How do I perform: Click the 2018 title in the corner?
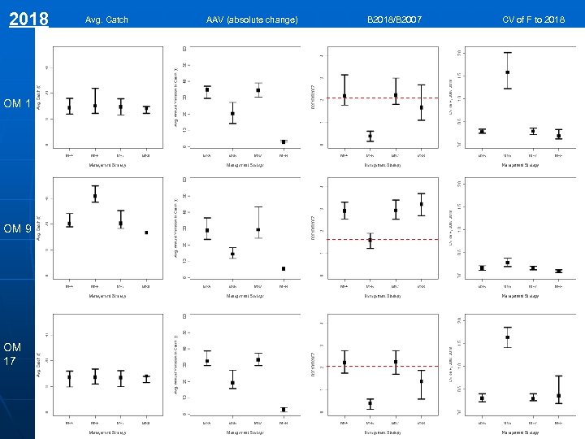(29, 19)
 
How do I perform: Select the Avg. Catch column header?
(106, 20)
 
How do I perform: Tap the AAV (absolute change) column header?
(252, 20)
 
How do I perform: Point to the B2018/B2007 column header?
(393, 20)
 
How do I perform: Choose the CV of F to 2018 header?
(533, 20)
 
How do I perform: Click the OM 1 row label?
(17, 103)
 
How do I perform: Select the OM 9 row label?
(17, 230)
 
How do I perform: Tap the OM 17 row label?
(13, 354)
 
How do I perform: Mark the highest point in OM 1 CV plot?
(507, 72)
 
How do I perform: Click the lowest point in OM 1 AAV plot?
(284, 141)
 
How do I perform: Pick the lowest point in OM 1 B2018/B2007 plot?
(370, 135)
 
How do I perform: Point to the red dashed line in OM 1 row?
(382, 98)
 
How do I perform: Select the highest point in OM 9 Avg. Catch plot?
(95, 196)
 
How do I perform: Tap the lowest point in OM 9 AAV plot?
(284, 268)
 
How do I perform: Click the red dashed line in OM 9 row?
(382, 239)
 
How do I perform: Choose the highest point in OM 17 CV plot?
(507, 337)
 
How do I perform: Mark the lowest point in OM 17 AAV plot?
(284, 409)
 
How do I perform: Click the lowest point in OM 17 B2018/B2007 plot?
(370, 402)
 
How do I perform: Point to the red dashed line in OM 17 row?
(382, 366)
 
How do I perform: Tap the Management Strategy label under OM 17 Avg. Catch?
(107, 432)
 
